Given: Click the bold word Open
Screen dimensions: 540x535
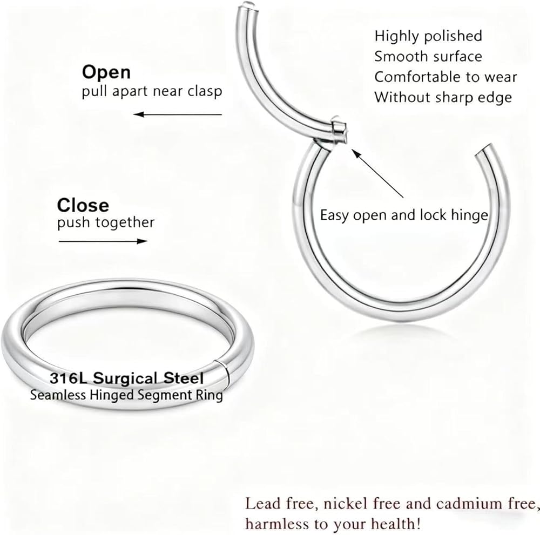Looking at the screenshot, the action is (x=106, y=72).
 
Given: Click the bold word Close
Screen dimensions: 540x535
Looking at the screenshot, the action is (x=83, y=205).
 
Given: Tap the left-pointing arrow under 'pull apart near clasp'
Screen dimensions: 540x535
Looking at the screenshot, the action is (x=178, y=114).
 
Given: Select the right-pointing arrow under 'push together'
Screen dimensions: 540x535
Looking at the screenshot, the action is (x=103, y=241).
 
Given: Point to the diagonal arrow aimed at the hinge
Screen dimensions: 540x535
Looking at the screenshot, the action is (x=377, y=173).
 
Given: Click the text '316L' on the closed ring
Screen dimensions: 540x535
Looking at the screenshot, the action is (x=69, y=378).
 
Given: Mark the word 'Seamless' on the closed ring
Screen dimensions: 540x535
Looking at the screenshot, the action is (x=58, y=395).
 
